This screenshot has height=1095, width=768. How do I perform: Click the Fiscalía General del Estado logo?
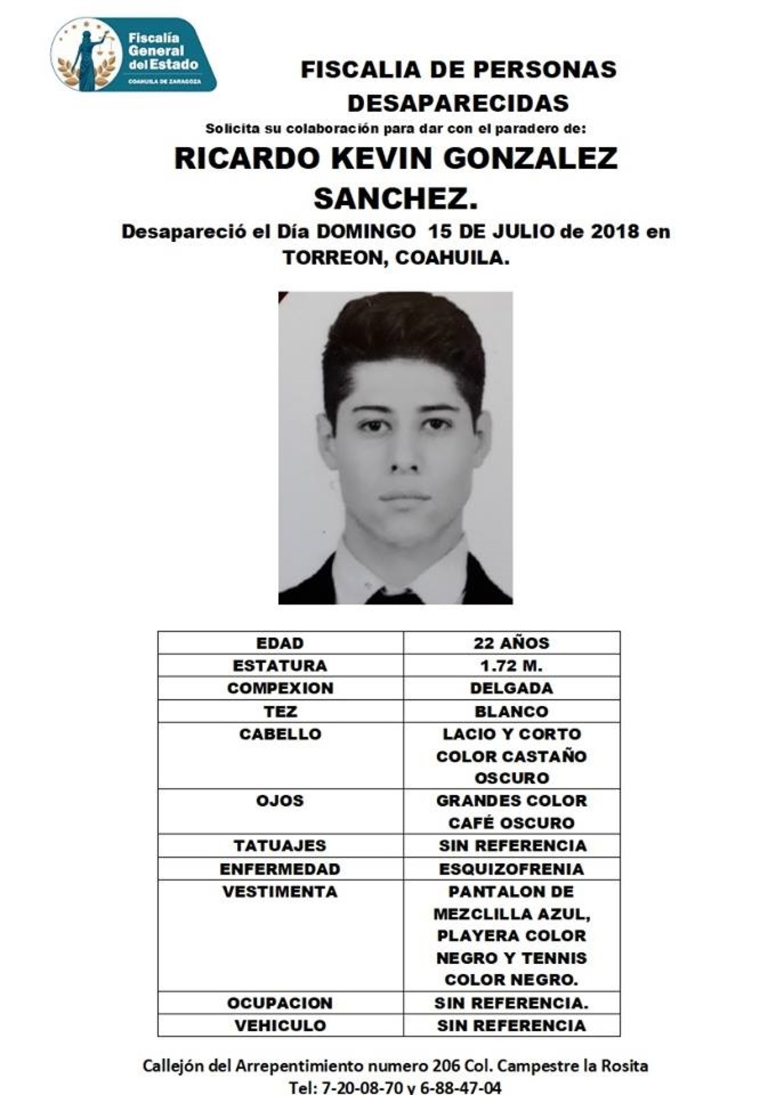coord(133,55)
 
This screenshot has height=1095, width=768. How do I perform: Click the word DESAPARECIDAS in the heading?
coord(458,103)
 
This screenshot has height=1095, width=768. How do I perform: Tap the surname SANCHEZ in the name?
coord(395,198)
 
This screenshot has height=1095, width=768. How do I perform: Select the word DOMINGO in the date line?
coord(365,231)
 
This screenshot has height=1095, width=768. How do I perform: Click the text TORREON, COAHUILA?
coord(396,257)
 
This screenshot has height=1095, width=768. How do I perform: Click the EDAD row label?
coord(280,643)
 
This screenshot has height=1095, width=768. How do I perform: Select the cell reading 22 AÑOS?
coord(511,643)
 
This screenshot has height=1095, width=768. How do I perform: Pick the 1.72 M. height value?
coord(511,666)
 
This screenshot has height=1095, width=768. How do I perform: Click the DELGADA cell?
coord(511,688)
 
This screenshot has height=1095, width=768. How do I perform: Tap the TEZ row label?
coord(280,711)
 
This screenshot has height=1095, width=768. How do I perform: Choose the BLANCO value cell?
coord(511,711)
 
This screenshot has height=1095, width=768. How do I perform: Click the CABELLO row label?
coord(280,734)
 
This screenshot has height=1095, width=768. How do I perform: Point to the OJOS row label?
coord(280,801)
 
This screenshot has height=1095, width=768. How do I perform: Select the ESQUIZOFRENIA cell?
coord(511,869)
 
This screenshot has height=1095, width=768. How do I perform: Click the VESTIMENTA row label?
coord(280,892)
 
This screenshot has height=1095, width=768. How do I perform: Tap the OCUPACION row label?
coord(280,1003)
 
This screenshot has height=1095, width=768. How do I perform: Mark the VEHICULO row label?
coord(280,1025)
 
